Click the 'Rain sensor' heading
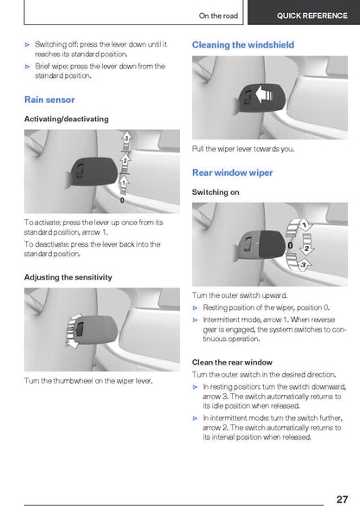click(49, 100)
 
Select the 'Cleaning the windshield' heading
click(243, 44)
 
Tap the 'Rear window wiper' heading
click(233, 172)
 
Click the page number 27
click(342, 499)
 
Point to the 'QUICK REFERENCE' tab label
click(312, 16)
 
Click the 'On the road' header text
click(218, 16)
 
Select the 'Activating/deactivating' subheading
click(67, 119)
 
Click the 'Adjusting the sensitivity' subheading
click(68, 277)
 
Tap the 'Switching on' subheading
click(215, 192)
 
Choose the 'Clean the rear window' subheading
click(232, 362)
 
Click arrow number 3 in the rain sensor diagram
click(126, 141)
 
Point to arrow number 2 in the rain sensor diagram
click(125, 163)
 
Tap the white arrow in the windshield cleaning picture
click(264, 95)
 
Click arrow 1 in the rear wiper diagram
click(299, 227)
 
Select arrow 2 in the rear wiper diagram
click(306, 245)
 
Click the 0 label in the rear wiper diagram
click(290, 246)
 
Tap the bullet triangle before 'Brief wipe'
click(28, 67)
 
